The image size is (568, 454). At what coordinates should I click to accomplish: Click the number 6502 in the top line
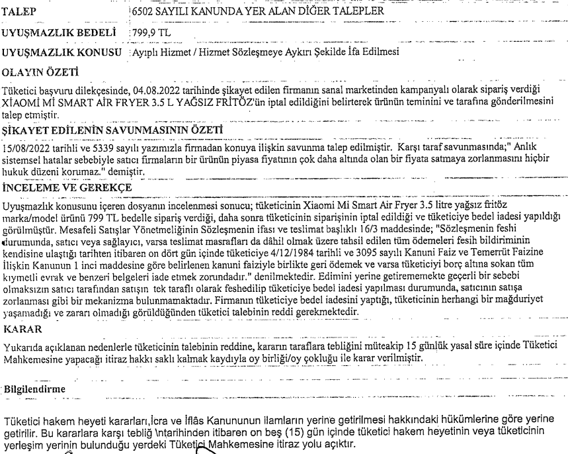[145, 12]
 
